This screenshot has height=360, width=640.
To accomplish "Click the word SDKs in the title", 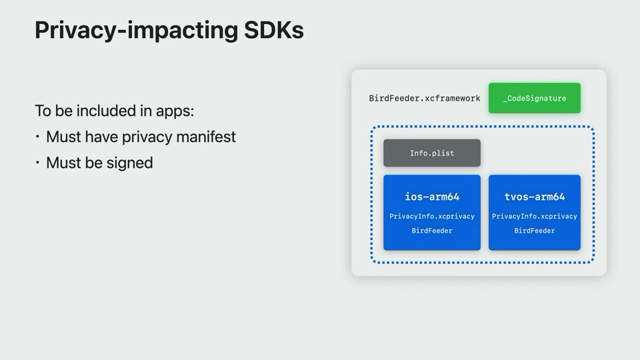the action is pos(273,30).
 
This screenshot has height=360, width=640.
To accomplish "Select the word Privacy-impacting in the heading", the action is pos(136,31).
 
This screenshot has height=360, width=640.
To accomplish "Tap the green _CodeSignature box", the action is pos(534,98).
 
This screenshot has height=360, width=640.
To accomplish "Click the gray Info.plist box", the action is pos(432,153).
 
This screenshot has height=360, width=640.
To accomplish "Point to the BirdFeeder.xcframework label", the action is pos(425,99).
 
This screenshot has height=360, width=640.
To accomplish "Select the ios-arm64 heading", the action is pos(432,197).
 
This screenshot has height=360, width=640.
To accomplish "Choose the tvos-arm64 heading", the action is pos(535,197).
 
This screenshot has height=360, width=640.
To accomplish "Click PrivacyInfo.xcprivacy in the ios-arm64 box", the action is pos(432,216).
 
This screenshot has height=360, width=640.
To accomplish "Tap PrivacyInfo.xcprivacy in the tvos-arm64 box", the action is pos(534,216).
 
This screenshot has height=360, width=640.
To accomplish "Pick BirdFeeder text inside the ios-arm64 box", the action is pos(432,231).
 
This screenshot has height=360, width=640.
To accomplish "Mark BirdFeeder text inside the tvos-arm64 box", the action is pos(534,231).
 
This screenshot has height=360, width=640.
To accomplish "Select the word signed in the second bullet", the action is pos(129,163).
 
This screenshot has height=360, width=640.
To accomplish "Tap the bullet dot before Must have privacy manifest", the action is pos(37,137).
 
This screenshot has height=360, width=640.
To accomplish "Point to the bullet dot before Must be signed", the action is pos(37,163).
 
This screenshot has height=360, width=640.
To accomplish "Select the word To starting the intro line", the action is pos(43,111).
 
